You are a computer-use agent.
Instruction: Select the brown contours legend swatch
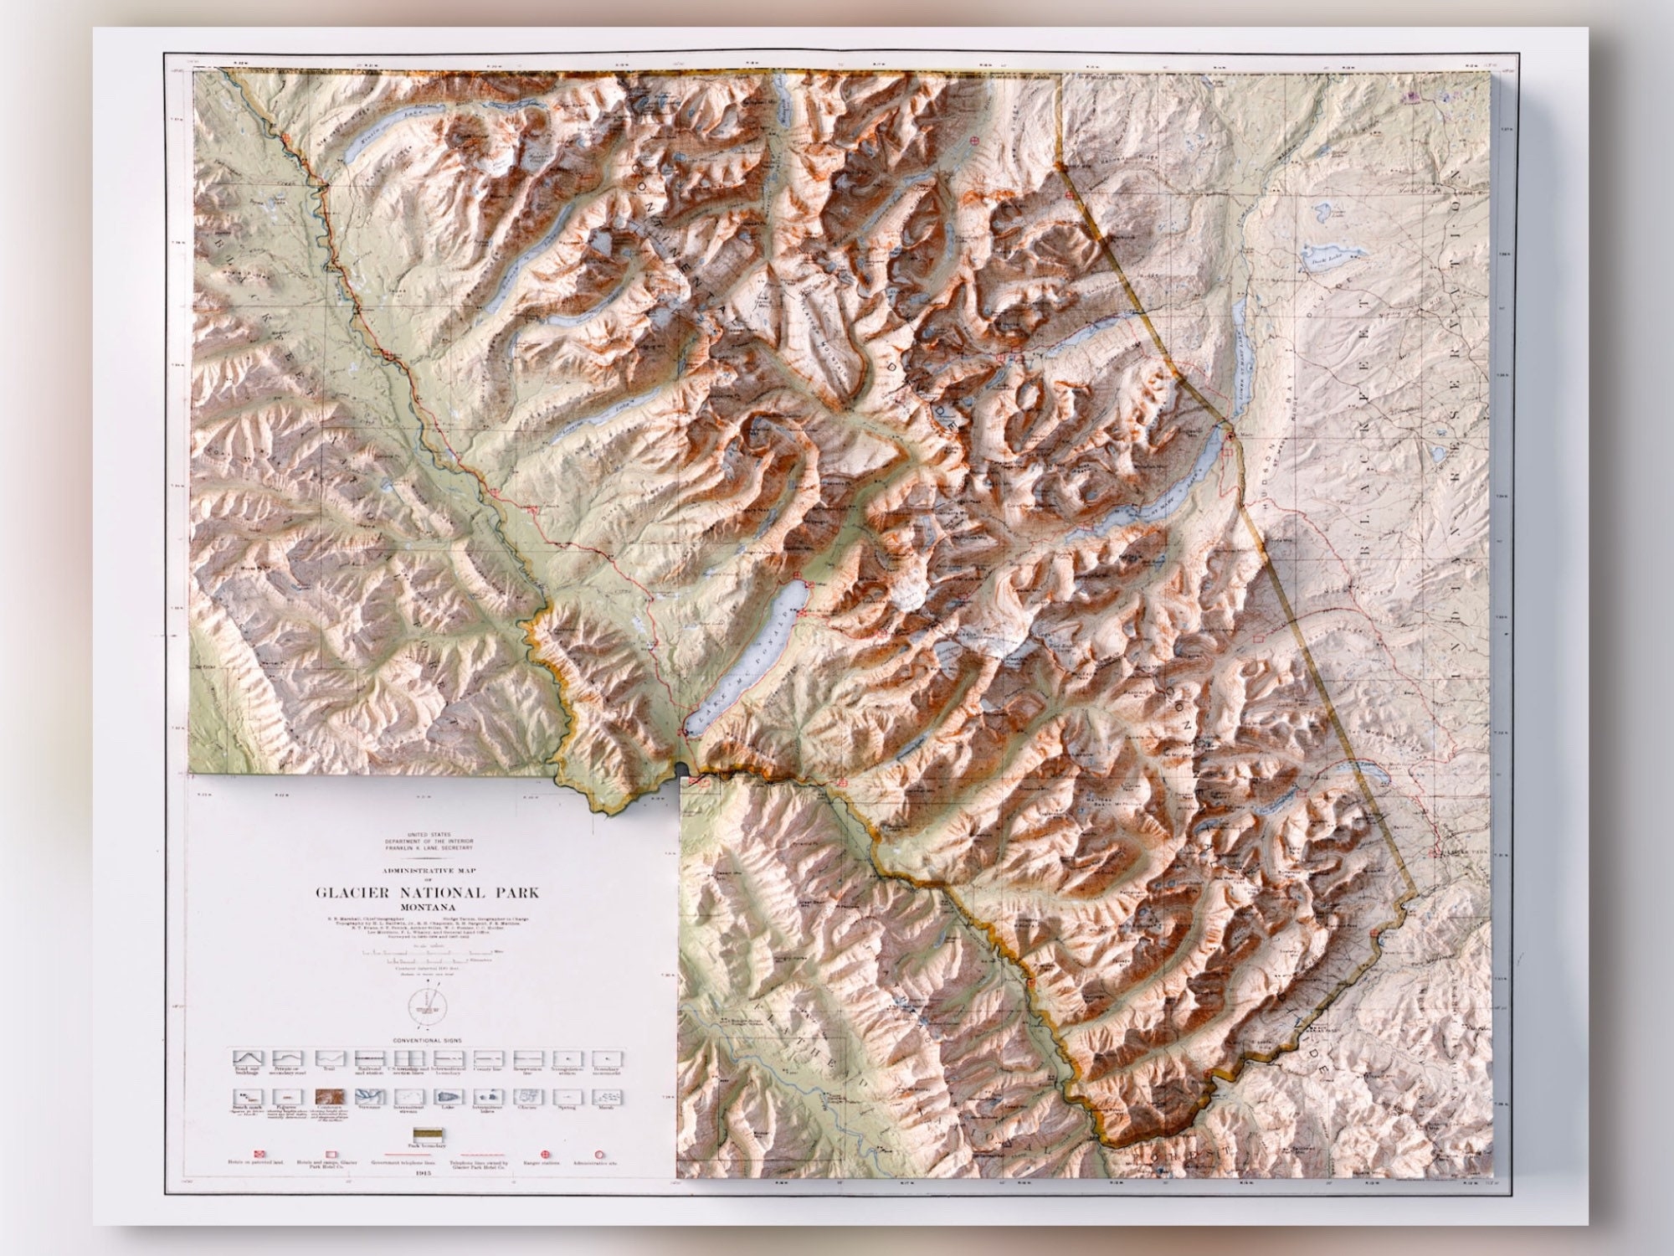click(x=326, y=1096)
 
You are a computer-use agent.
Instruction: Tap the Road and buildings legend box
click(x=245, y=1059)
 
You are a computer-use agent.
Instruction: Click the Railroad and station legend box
click(x=366, y=1059)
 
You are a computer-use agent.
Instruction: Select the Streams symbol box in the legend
click(x=366, y=1096)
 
